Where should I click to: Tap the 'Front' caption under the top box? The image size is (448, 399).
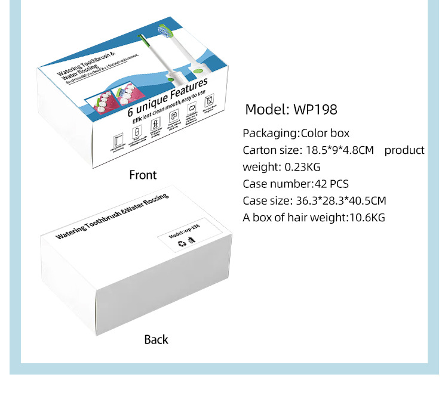pyautogui.click(x=143, y=175)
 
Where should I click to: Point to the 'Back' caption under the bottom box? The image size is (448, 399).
pyautogui.click(x=156, y=339)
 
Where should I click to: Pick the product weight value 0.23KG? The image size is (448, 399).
pyautogui.click(x=301, y=167)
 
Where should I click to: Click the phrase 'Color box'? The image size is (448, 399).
pyautogui.click(x=325, y=134)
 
